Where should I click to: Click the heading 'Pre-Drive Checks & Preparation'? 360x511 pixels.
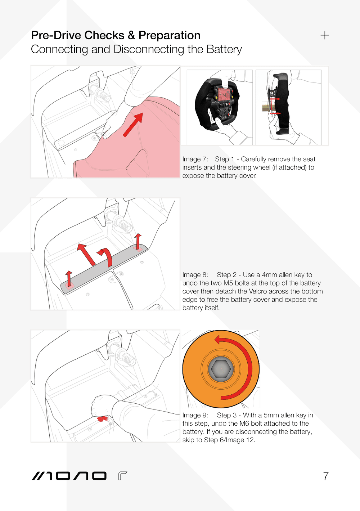[116, 35]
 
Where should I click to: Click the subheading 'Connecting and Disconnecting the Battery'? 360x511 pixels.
[136, 49]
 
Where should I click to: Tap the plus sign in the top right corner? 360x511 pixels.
[325, 35]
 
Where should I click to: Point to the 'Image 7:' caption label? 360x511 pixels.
[195, 159]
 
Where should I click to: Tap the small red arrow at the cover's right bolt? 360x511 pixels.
[138, 241]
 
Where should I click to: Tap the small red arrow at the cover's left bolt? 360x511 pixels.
[69, 278]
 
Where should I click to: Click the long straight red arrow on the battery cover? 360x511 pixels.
[86, 254]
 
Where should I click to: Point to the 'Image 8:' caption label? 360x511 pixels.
[195, 275]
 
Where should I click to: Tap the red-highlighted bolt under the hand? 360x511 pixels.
[102, 419]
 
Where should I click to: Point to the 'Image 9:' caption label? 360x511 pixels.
[195, 415]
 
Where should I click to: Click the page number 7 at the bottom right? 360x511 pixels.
[326, 476]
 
